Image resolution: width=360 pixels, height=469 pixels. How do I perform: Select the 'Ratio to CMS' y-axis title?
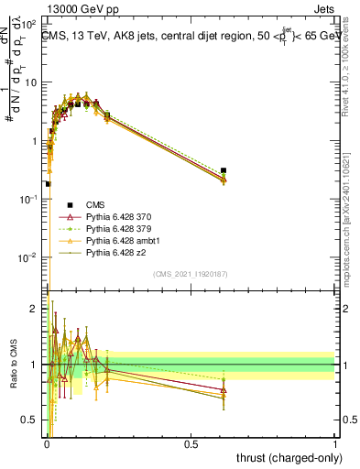(12, 363)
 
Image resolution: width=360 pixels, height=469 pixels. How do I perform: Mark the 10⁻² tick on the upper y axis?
(29, 257)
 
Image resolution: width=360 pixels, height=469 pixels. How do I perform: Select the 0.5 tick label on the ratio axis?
(30, 421)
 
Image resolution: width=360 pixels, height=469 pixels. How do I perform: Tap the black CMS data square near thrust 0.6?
(224, 170)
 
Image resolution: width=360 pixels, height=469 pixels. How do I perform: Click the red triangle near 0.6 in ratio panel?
(224, 390)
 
